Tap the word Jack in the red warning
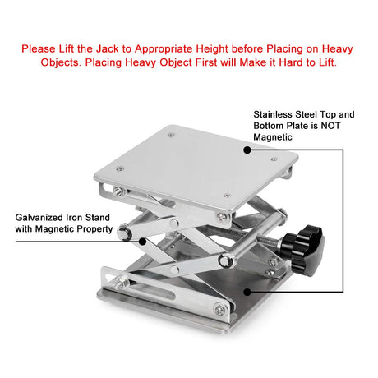pos(107,49)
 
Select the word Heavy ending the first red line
pos(337,49)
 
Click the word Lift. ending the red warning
pos(327,62)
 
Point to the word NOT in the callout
pos(330,126)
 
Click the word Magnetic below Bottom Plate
pos(273,137)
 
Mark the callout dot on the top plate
pos(247,150)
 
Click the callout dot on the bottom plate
pos(247,292)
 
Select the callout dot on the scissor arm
pos(142,242)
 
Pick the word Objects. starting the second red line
pos(61,62)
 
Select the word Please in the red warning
pos(39,49)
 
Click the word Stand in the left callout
pos(98,218)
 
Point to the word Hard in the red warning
pos(291,62)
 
